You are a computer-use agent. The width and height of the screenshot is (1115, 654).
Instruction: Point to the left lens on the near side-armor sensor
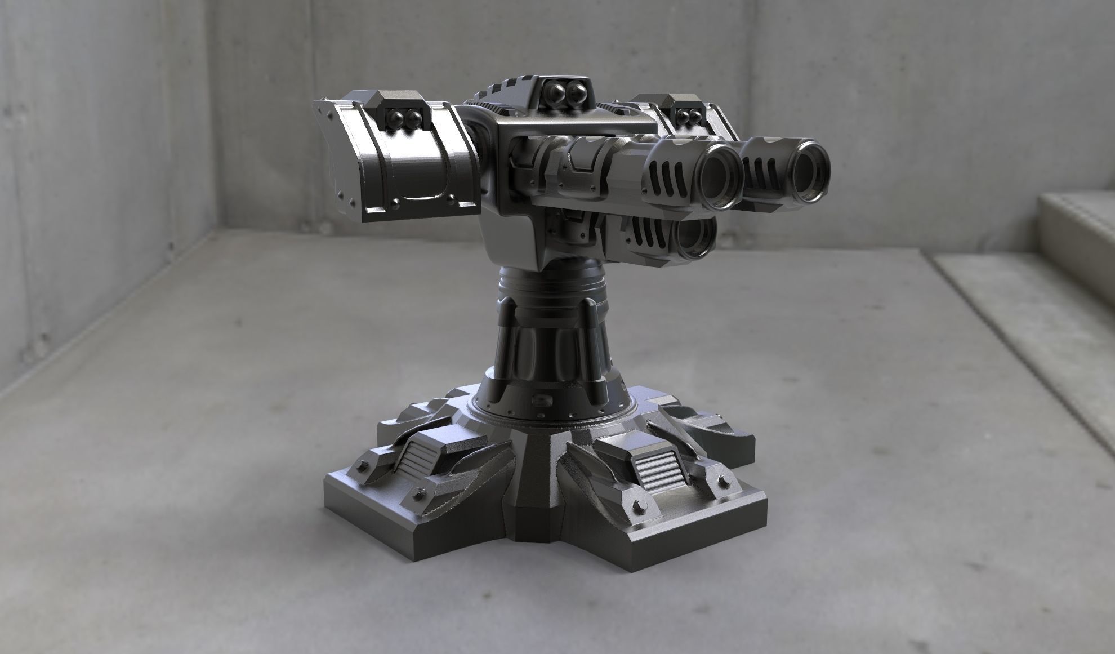pyautogui.click(x=396, y=117)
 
